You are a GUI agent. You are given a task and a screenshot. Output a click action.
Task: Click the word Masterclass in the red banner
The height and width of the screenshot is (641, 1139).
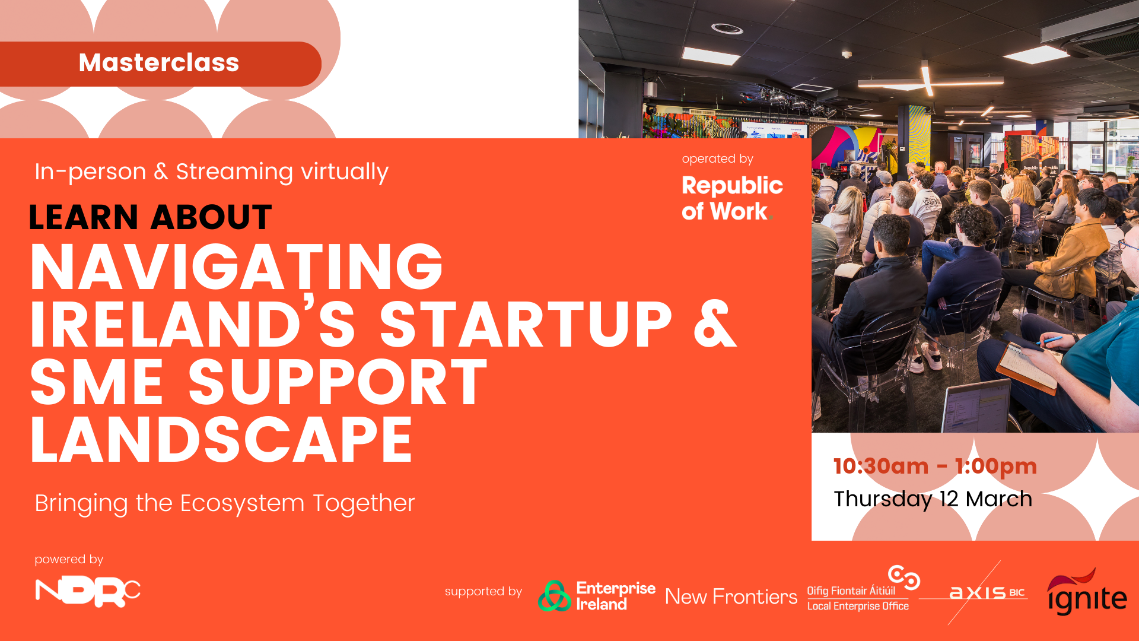(159, 63)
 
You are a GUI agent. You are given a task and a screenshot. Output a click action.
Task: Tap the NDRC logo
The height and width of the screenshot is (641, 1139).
(88, 592)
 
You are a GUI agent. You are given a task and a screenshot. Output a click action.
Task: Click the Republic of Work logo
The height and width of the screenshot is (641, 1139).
(732, 198)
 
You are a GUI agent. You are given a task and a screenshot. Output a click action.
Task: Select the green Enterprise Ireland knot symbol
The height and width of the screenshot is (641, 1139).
(554, 596)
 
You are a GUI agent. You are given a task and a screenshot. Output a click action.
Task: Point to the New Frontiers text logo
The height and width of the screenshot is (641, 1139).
(731, 596)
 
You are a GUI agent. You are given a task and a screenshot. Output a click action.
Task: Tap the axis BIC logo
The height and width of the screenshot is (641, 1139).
(987, 592)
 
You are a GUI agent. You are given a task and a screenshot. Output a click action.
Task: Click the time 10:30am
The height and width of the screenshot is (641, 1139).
(881, 467)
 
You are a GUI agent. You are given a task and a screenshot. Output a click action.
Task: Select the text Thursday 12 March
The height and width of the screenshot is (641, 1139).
(933, 499)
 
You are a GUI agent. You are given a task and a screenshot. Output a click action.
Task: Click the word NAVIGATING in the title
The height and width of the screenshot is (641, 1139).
(236, 267)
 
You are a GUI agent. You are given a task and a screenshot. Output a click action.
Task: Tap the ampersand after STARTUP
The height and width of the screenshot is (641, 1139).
(715, 324)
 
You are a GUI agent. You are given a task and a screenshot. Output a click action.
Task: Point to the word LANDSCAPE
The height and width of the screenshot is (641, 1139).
(221, 440)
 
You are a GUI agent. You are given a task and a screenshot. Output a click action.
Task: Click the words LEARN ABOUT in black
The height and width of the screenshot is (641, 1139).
(150, 217)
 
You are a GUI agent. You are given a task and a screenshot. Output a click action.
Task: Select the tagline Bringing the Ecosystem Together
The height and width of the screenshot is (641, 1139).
(224, 503)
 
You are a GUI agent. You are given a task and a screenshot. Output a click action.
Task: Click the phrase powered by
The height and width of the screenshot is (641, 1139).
(69, 559)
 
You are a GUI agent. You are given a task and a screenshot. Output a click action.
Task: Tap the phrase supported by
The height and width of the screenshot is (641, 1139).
(483, 591)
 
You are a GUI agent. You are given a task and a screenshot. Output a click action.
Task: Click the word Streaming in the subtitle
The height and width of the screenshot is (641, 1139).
(234, 172)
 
